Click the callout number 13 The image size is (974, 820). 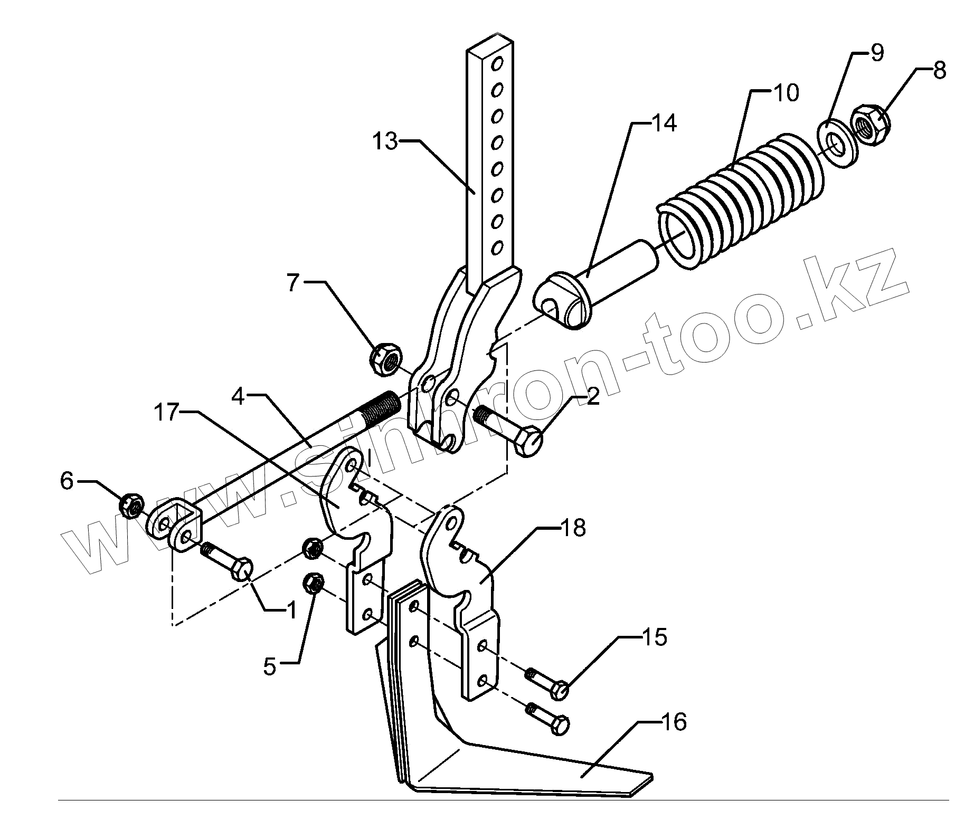point(385,141)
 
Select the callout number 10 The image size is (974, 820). point(786,93)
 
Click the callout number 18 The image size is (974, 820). point(573,527)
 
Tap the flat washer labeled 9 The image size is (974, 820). point(836,143)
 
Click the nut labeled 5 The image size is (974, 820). point(313,583)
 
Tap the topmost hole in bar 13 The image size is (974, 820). point(496,65)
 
